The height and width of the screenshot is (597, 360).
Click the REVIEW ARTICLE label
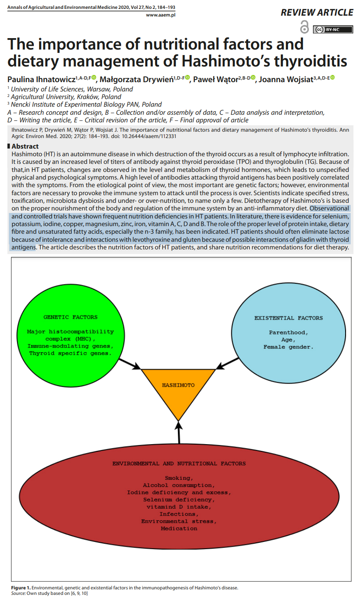317,13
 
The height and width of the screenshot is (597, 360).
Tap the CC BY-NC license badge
332,30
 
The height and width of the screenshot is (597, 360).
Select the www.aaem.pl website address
161,15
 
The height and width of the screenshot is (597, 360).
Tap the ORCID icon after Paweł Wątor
253,78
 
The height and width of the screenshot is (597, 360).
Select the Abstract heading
25,146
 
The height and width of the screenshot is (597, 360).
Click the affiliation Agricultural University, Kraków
66,97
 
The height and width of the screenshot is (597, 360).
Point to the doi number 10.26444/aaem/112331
149,136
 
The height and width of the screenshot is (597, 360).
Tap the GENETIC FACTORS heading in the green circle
70,317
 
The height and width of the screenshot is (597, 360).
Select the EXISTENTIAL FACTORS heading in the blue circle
288,318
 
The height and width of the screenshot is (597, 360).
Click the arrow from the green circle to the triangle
129,363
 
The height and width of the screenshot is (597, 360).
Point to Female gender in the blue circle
288,347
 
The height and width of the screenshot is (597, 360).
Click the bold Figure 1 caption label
21,588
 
